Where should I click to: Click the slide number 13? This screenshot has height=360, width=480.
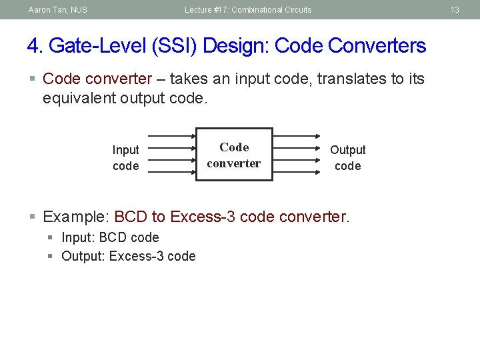coord(455,9)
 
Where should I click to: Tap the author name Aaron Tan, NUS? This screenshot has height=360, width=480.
coord(58,9)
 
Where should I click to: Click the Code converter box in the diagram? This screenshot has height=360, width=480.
coord(234,155)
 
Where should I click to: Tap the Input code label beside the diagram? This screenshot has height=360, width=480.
coord(125,158)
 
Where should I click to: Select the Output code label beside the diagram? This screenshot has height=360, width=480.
coord(347,158)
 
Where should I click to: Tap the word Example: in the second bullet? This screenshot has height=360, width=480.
coord(76,217)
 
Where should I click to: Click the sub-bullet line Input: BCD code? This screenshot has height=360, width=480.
coord(110,237)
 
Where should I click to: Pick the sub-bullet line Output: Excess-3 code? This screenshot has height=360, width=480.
coord(128,256)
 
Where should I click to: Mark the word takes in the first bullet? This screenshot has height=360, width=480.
coord(188,79)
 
